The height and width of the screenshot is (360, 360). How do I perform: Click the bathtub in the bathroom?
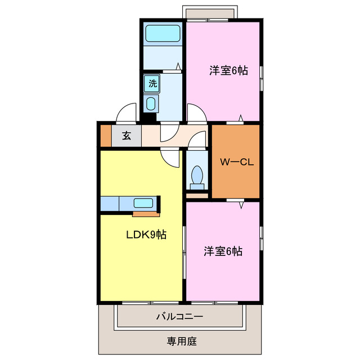[163, 33]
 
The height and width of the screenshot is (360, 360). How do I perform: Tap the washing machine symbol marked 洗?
[152, 84]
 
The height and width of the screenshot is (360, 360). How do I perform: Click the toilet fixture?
[197, 175]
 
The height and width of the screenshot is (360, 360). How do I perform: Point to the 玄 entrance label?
[127, 135]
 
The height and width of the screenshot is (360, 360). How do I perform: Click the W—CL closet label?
[237, 163]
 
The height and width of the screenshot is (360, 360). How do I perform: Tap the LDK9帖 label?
[145, 235]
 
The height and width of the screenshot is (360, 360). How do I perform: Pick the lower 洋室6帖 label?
[223, 251]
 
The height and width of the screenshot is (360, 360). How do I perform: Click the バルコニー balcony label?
[179, 317]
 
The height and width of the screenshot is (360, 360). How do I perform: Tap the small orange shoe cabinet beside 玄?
[105, 136]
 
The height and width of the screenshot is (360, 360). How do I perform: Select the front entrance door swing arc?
[127, 112]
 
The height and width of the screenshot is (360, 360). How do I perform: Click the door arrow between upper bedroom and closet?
[241, 118]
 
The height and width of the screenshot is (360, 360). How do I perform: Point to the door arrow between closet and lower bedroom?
[241, 205]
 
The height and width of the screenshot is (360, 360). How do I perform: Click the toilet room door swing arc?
[196, 140]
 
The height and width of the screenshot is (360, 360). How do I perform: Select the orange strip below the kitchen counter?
[146, 214]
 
